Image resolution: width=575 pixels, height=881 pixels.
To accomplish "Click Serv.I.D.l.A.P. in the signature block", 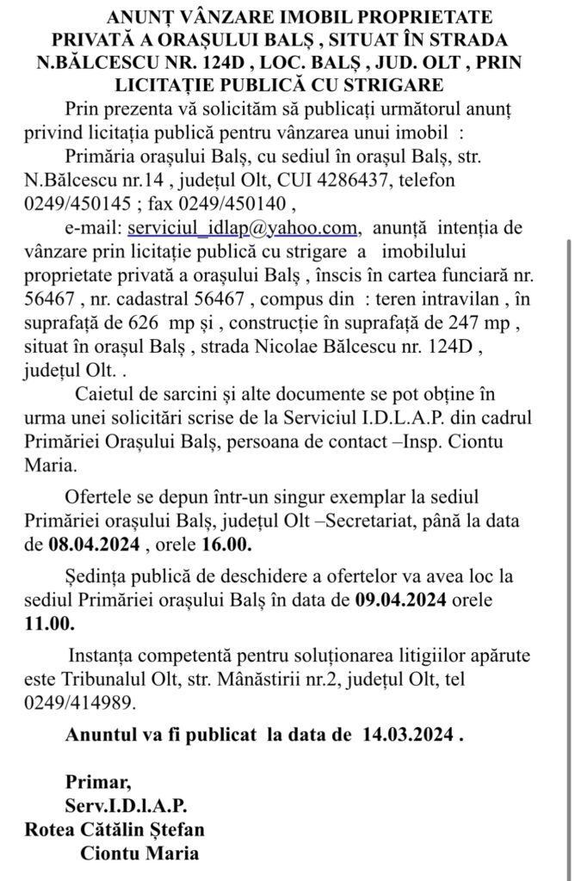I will point(126,807).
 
